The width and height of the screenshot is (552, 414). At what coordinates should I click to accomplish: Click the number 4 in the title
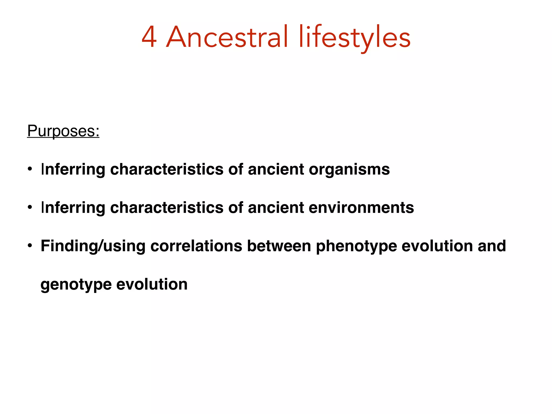[149, 37]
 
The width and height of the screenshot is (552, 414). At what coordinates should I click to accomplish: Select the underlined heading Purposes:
[63, 131]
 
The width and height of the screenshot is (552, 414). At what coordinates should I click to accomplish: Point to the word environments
[361, 208]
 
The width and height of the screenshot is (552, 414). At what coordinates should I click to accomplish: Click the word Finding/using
[93, 246]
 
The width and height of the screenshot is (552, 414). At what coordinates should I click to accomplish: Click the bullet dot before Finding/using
[30, 246]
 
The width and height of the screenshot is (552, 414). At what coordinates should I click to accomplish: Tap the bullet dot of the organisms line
[30, 169]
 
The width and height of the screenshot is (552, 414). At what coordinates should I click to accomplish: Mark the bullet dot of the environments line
[30, 208]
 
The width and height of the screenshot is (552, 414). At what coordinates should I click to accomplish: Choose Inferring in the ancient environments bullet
[73, 208]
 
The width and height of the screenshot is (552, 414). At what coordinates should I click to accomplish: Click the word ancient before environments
[276, 208]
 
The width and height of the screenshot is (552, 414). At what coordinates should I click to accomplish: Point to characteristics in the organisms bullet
[167, 170]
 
